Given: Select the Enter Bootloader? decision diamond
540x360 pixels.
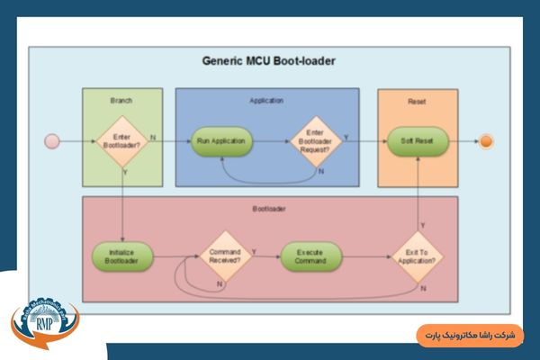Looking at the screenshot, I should [x=122, y=141].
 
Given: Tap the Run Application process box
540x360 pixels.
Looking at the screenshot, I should [x=221, y=141].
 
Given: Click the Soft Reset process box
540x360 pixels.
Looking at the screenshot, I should [x=418, y=141].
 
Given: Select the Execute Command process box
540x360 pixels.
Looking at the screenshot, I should [x=311, y=257].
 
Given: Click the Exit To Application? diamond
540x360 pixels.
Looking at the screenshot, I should [x=418, y=257].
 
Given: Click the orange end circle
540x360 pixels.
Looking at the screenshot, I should [x=486, y=141].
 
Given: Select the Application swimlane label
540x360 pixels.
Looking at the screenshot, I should [x=266, y=101].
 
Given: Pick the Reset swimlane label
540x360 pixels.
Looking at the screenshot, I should [x=417, y=101].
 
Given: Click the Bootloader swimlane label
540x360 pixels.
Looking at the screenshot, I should [x=269, y=210].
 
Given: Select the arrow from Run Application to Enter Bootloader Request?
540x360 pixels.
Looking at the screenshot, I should [x=270, y=141].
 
